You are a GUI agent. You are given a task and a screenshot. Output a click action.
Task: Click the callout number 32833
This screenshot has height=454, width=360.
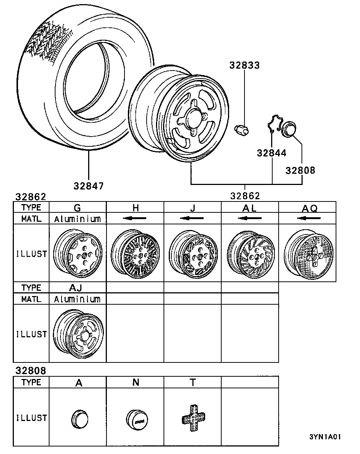244,65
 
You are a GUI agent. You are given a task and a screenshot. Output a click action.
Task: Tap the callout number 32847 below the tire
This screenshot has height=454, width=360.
88,186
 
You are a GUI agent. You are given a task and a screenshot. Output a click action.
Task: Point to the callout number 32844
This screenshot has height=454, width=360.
271,153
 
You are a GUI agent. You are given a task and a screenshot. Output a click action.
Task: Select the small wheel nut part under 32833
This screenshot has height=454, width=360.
241,130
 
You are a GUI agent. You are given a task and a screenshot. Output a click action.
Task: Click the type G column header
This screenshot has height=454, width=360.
77,208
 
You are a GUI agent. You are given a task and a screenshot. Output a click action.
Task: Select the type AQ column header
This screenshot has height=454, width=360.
310,209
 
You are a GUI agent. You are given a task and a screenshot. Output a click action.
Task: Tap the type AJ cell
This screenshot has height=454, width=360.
75,287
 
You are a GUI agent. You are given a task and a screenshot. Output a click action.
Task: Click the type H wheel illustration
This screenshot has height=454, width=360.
135,254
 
